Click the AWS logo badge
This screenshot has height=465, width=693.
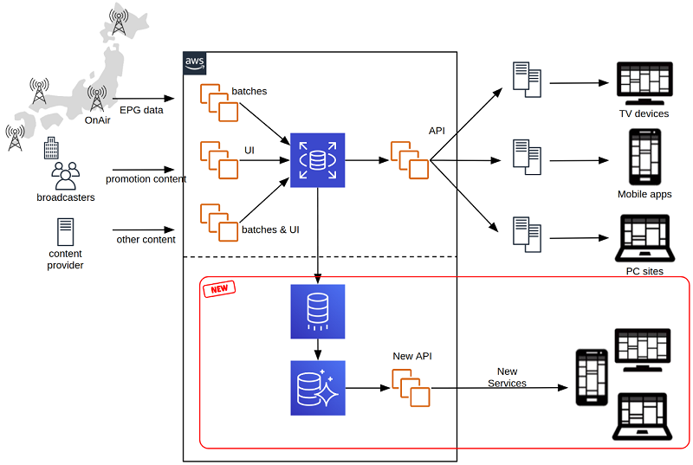194,63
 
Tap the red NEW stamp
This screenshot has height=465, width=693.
219,289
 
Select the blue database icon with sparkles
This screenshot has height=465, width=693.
318,388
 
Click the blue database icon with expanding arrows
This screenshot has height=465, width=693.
318,160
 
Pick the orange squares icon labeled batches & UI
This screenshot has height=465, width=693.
219,223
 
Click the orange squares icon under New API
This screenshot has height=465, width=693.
411,388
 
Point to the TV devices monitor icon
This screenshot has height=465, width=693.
644,83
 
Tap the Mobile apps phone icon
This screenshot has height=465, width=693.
645,157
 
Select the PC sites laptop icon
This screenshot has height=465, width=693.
644,238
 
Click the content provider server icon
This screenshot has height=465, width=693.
66,232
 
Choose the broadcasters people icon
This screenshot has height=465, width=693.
66,176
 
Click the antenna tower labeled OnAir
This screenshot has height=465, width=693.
97,99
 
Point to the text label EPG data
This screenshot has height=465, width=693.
141,110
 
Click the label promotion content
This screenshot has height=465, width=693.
146,179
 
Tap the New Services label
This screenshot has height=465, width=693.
507,378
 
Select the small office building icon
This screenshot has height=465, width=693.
51,148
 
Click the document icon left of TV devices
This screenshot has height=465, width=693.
527,80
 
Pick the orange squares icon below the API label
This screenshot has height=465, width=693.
410,160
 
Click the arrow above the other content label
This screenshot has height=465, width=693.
144,229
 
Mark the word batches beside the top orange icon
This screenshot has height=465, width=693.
249,91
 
